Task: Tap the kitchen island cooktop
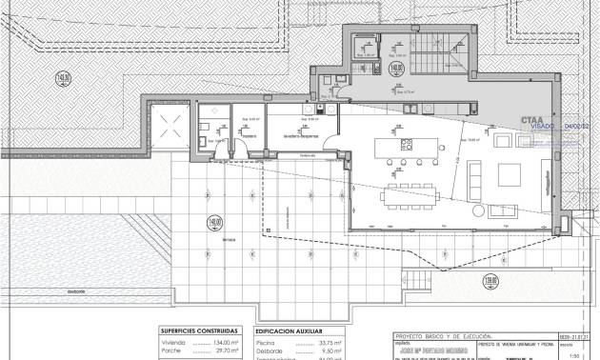pos(404,144)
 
